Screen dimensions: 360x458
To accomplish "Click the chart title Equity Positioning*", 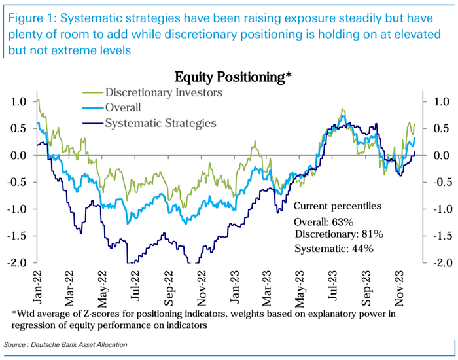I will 232,78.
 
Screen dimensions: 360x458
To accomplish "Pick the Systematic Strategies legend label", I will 158,122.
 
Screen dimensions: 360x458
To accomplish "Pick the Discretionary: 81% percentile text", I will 339,234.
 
